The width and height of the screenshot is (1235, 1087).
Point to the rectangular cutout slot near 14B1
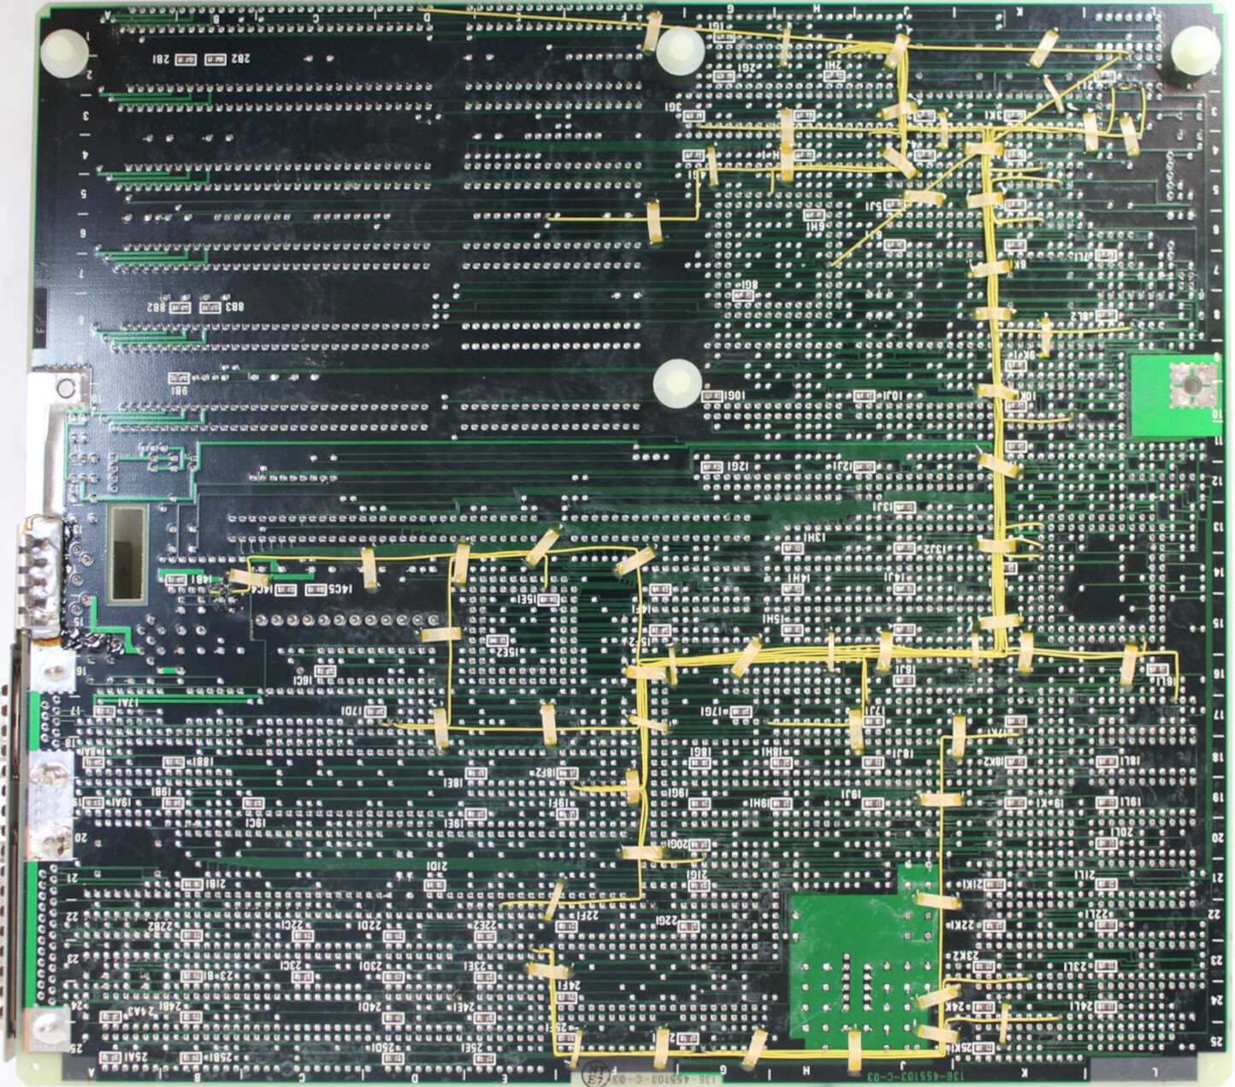pos(127,552)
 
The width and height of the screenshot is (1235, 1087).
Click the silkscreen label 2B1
pos(161,59)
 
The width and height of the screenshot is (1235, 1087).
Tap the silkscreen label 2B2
pos(239,59)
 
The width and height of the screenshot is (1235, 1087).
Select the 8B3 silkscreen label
pos(233,306)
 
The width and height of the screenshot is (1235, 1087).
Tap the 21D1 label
pos(436,866)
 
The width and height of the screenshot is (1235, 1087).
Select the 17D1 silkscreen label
pos(353,711)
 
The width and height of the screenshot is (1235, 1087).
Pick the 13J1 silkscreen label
pos(883,507)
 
